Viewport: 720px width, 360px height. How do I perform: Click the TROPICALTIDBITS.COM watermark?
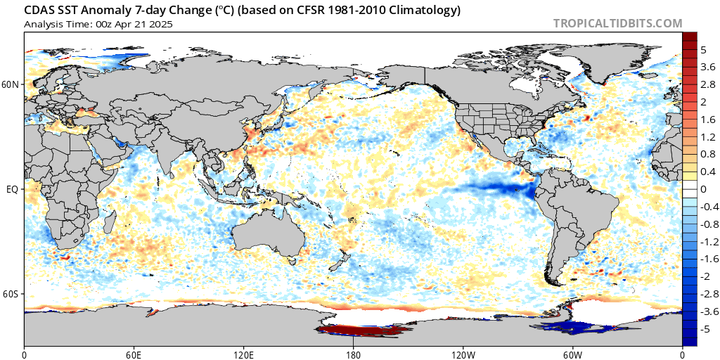(617, 23)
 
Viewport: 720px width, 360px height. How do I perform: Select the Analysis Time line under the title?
(98, 24)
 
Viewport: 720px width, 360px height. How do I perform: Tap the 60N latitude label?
(11, 84)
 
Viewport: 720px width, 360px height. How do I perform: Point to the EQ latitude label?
(12, 189)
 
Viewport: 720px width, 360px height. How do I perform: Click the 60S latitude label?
(11, 294)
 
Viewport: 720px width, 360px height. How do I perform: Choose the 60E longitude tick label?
(134, 353)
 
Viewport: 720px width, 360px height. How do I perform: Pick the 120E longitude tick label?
(243, 353)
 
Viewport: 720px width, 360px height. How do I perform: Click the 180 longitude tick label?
(353, 353)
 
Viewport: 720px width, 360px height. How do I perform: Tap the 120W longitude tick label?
(463, 353)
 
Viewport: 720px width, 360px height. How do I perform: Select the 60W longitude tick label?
(572, 353)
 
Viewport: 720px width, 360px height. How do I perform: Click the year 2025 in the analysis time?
(161, 24)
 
